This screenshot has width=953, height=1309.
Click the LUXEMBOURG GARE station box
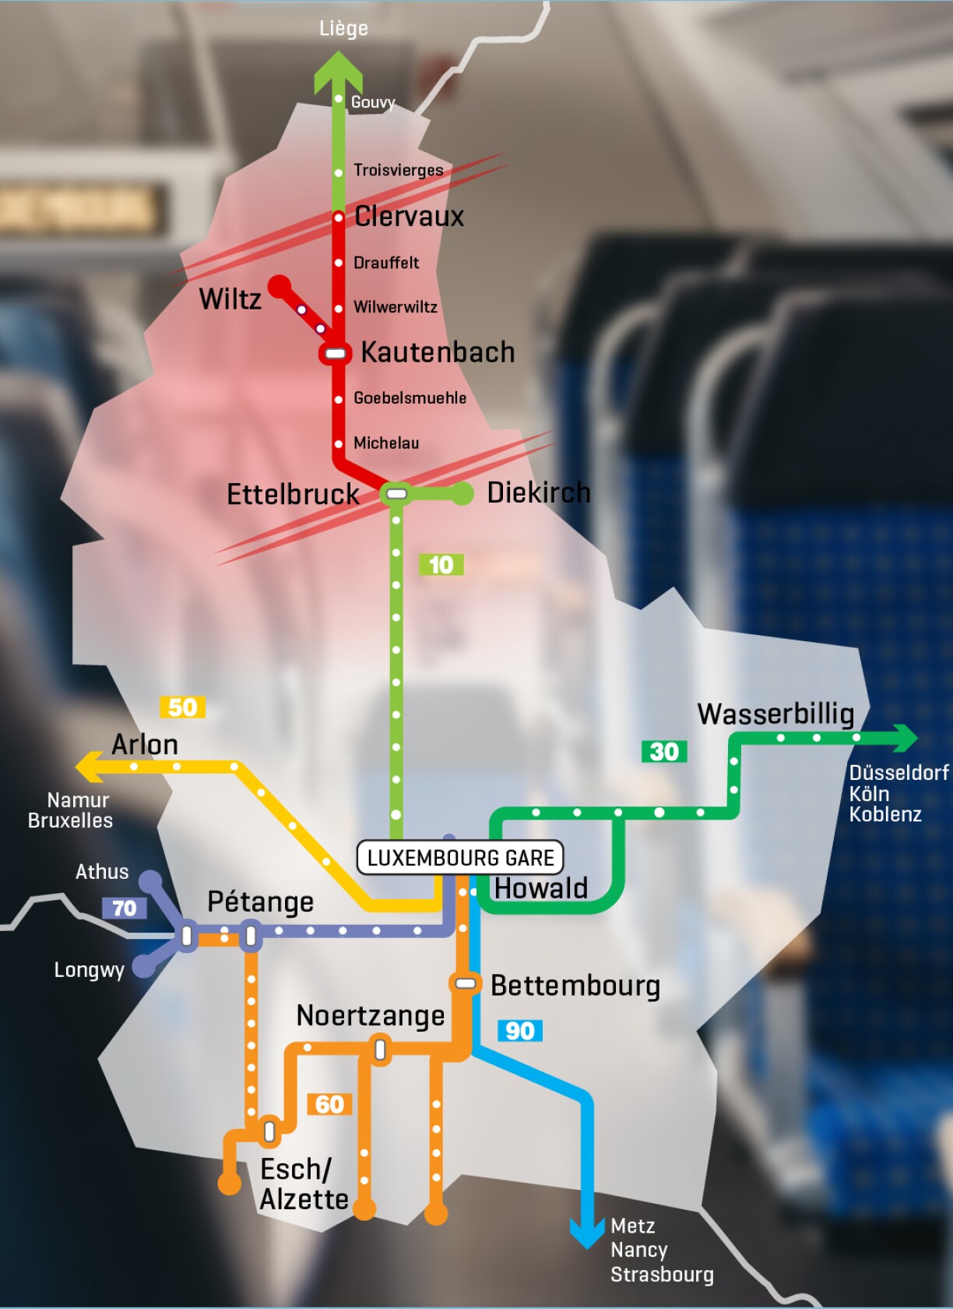(x=459, y=858)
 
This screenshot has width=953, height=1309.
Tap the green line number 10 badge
(x=441, y=565)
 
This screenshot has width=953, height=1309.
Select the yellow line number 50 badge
(x=182, y=707)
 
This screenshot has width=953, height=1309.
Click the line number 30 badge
(x=664, y=752)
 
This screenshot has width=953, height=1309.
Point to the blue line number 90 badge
(x=519, y=1031)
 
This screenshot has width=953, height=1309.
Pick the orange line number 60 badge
(x=329, y=1104)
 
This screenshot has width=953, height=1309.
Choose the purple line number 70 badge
(x=124, y=908)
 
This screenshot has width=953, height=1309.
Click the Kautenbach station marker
(x=335, y=354)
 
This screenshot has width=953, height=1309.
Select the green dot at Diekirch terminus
(x=462, y=493)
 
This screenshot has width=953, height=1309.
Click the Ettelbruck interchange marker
(x=396, y=493)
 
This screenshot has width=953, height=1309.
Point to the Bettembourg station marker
(x=465, y=983)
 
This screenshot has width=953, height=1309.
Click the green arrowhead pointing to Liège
(x=339, y=71)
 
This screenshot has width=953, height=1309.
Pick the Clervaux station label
(x=409, y=217)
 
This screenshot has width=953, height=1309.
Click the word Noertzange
(x=371, y=1015)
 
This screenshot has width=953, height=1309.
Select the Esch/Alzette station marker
(x=269, y=1131)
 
